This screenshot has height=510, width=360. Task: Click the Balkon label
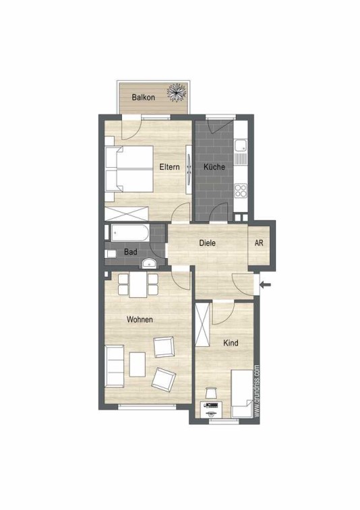coord(143,97)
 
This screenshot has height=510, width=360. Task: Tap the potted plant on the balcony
coord(177,92)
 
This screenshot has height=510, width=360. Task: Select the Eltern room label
coord(169,167)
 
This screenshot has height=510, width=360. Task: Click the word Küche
coord(214,167)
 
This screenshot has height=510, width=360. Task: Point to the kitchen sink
coord(241,151)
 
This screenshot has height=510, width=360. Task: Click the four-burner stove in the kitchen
coord(241,190)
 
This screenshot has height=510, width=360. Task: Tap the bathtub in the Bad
coord(130,232)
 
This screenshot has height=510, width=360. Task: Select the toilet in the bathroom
coord(110,254)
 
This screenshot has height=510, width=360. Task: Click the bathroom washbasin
coord(150,263)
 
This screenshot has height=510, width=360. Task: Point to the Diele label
coord(208,243)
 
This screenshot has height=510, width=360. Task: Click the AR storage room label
coord(259,243)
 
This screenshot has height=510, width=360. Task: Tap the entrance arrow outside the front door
coord(266,285)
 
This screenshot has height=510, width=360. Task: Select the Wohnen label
coord(140,319)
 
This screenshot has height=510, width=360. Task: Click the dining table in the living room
coord(138,285)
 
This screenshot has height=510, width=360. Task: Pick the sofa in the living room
coord(114,366)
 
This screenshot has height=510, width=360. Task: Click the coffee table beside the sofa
coord(138,364)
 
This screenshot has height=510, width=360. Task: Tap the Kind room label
coord(231,343)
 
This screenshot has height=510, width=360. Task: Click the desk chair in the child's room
coord(211,393)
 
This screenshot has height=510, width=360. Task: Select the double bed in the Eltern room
coord(129,169)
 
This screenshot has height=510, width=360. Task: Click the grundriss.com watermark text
coord(257,390)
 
